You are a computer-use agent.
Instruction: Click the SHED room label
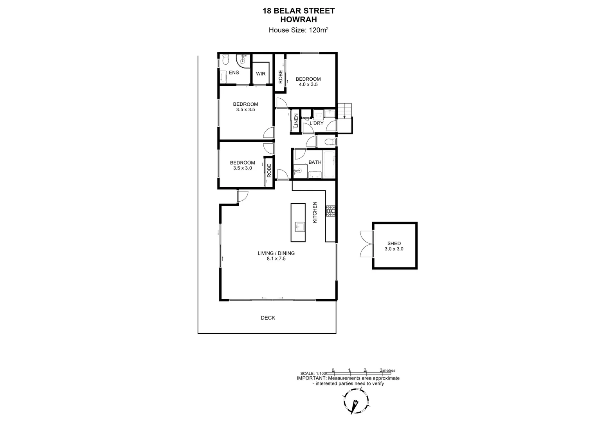394,243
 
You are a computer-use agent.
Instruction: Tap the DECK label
268,318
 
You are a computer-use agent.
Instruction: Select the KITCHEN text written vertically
315,213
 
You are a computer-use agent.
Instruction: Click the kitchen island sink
299,227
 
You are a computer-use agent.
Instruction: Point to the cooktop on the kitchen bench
331,211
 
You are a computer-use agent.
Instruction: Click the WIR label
261,74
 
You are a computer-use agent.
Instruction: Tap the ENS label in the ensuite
234,72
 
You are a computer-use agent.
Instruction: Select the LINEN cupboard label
296,121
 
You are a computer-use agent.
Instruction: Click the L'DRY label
316,123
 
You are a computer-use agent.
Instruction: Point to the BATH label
315,162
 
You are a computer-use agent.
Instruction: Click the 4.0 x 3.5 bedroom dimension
308,84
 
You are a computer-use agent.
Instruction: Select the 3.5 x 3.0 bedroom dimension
242,168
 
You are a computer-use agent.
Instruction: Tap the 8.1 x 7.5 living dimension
276,258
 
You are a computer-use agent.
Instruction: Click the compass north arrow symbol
356,403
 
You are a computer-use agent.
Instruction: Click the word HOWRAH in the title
299,19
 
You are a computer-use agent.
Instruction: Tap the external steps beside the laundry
345,110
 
